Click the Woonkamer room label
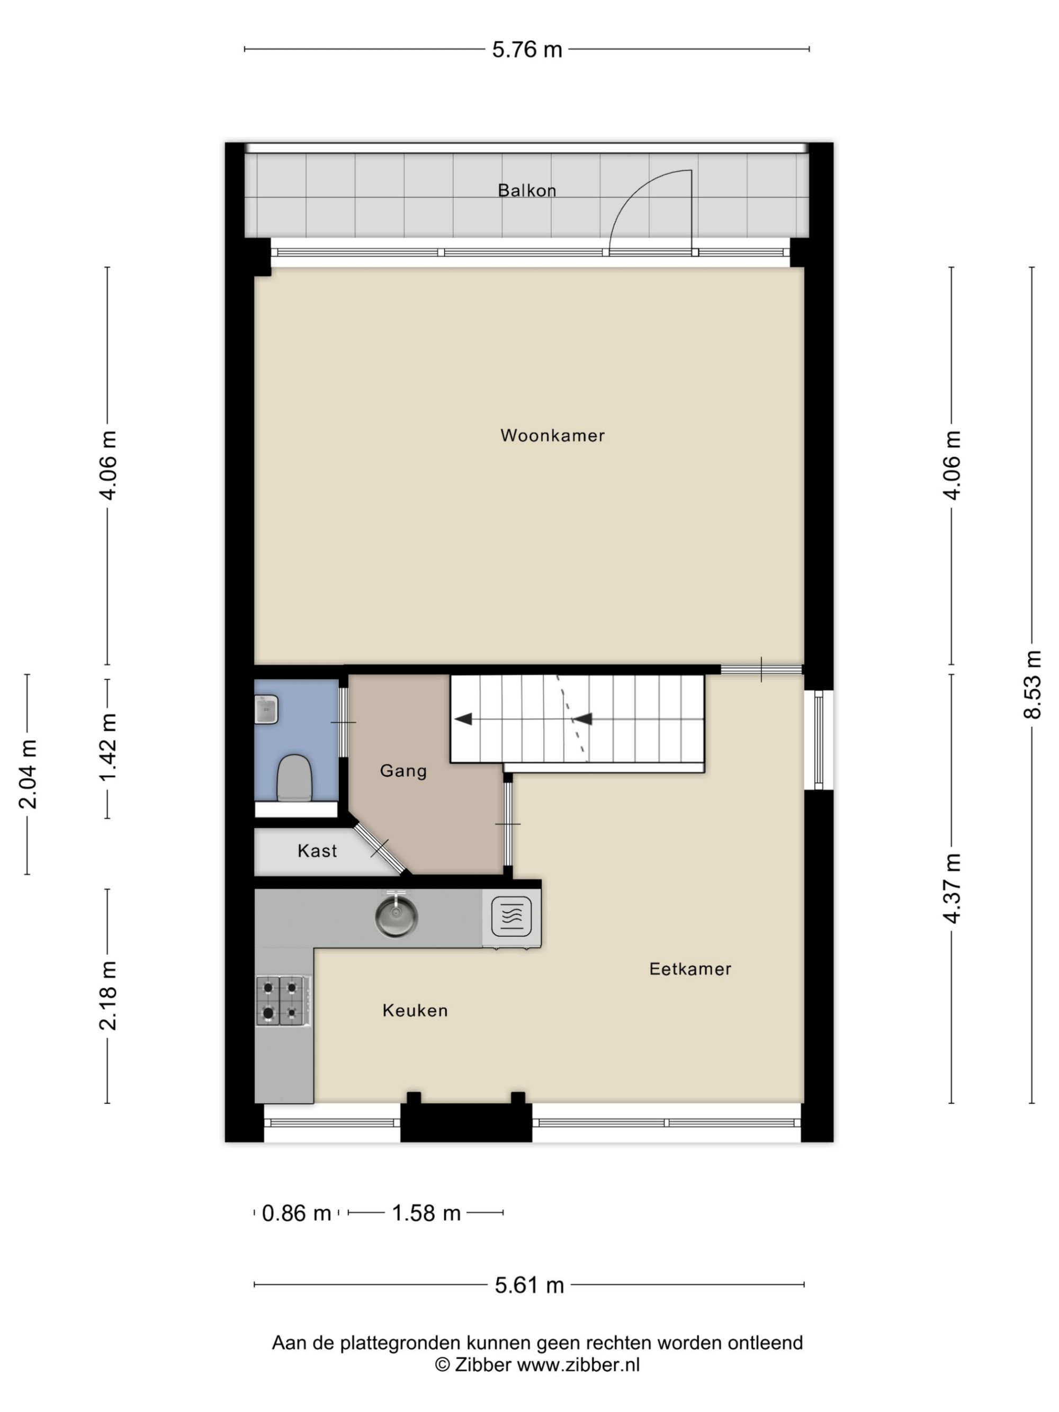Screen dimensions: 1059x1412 [x=552, y=435]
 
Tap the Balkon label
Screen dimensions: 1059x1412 [x=527, y=190]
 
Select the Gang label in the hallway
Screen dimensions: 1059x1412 [x=403, y=771]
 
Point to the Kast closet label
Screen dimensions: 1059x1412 [x=317, y=850]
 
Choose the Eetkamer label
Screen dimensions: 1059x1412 [x=690, y=968]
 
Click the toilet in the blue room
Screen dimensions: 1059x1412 [x=294, y=777]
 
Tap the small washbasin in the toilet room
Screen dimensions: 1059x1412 [x=266, y=709]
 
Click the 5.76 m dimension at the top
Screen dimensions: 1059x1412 [x=527, y=49]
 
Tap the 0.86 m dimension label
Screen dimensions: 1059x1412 [x=296, y=1213]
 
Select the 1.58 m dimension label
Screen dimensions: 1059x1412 [x=426, y=1213]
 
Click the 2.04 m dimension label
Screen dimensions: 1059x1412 [x=28, y=774]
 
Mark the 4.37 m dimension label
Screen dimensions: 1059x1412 [x=952, y=888]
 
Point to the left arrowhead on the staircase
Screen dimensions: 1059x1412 [x=463, y=719]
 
